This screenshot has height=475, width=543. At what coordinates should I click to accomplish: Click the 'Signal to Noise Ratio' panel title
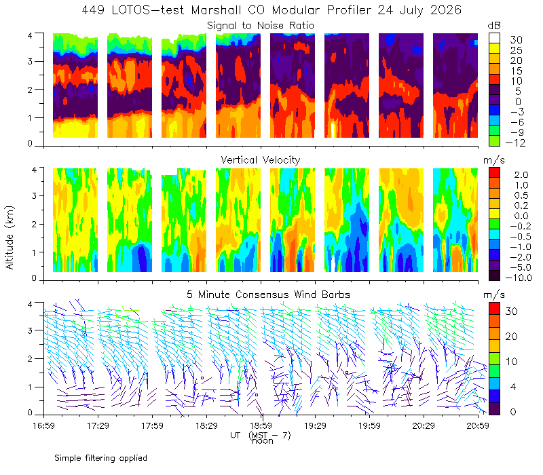point(261,26)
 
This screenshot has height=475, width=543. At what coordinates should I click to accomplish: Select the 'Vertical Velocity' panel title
point(261,160)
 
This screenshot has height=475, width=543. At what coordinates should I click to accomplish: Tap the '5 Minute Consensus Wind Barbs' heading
point(268,294)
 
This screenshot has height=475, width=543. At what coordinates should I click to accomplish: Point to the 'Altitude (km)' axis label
point(10,237)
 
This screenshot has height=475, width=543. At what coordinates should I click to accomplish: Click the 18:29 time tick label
point(206,425)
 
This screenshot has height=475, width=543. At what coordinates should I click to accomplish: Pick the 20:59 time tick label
point(478,425)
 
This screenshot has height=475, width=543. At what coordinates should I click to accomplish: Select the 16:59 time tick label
point(43,425)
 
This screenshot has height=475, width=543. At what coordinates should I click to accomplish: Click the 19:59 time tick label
point(369,425)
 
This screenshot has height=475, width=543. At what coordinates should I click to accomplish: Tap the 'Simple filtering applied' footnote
point(100,459)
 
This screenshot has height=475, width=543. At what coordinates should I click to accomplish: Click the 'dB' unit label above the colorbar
point(494,26)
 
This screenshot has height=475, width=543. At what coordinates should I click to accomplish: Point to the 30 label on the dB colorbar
point(516,40)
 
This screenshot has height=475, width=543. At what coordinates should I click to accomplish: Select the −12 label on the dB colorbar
point(515,142)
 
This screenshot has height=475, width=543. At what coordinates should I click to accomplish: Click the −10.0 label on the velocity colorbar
point(519,278)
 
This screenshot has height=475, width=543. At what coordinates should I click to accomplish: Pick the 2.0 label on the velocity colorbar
point(521,175)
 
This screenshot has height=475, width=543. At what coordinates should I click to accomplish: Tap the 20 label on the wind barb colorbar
point(512,337)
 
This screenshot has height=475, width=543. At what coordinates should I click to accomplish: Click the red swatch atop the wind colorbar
point(494,309)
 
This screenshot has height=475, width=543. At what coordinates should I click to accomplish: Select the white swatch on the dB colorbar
point(494,38)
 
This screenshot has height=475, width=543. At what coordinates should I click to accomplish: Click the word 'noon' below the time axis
point(263,441)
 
